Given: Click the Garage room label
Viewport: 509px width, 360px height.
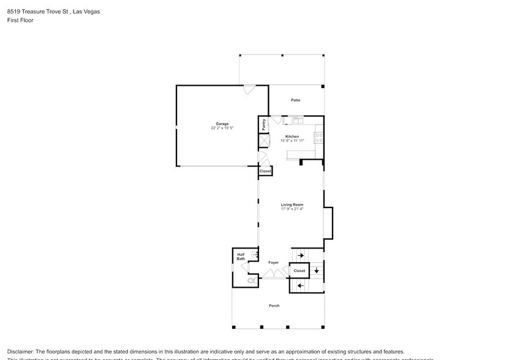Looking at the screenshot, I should (x=222, y=124).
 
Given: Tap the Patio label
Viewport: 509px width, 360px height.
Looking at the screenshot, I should (x=295, y=100).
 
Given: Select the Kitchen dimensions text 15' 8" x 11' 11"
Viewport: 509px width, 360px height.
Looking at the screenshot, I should (x=292, y=140).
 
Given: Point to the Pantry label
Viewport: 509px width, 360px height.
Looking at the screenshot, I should (x=264, y=124).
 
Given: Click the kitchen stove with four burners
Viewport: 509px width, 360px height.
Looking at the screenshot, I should (x=319, y=138).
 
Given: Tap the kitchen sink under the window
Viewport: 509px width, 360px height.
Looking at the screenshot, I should (x=297, y=121).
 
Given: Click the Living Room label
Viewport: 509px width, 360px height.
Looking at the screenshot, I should (x=292, y=204).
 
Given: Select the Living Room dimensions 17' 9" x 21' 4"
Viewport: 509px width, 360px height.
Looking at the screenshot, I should (x=292, y=209).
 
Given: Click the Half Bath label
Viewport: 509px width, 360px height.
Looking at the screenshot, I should (x=241, y=257).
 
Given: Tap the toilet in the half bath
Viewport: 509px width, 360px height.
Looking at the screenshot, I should (x=251, y=280).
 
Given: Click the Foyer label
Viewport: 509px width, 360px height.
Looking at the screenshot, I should (x=273, y=263).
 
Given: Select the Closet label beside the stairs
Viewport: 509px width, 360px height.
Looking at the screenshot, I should (x=299, y=271).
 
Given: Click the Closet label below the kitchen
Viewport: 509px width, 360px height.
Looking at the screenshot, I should (x=265, y=171).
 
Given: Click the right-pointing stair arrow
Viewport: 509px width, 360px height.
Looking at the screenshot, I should (x=301, y=255).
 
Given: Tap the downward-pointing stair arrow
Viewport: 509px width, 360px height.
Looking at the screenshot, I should (x=316, y=270).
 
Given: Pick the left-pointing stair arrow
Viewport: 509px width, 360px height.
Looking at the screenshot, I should (x=300, y=285).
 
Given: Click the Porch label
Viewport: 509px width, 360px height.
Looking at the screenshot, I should (x=274, y=306).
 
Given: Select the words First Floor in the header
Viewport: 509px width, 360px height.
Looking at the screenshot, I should (x=20, y=20).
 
